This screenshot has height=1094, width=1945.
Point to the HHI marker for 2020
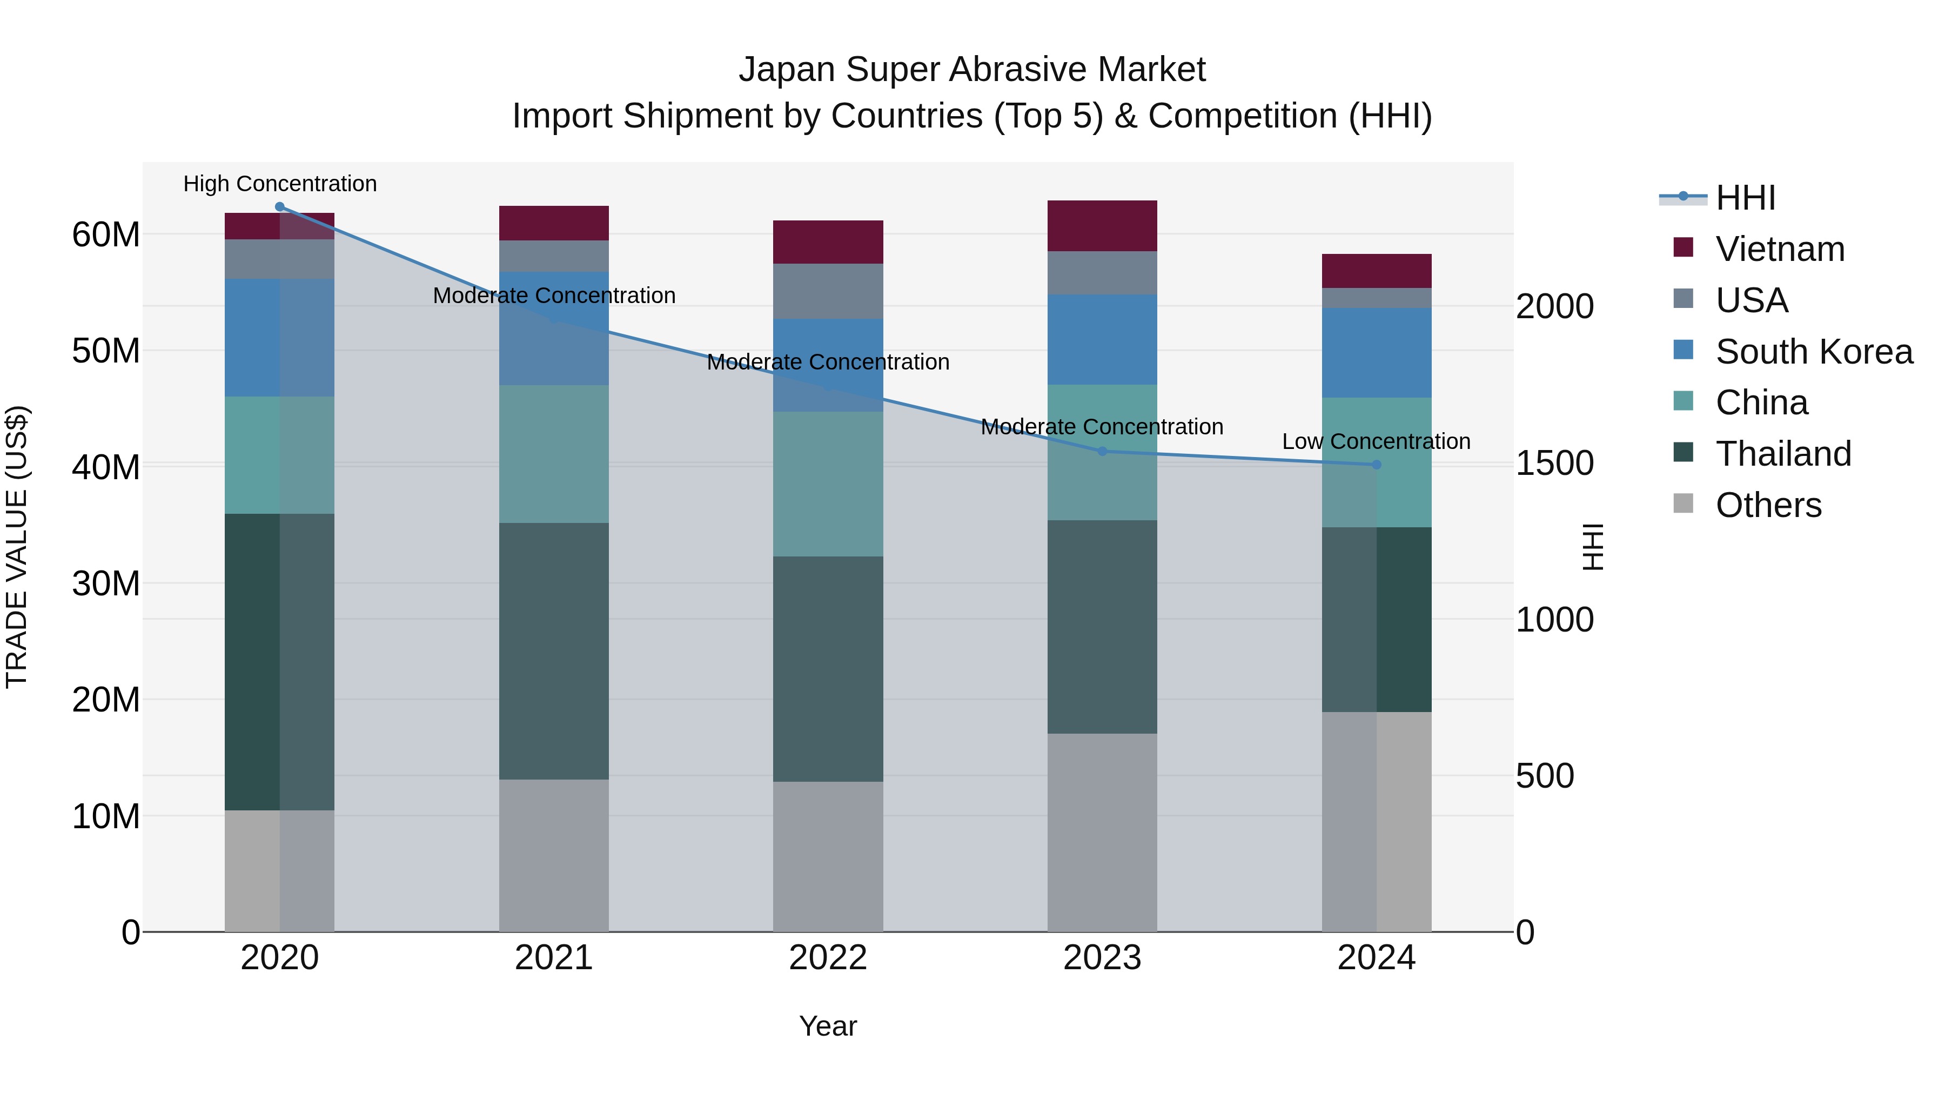coord(279,207)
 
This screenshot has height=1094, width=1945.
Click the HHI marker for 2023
coord(1102,452)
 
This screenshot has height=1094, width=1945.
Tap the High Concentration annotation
coord(279,184)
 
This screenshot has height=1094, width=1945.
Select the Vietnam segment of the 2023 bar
coord(1102,226)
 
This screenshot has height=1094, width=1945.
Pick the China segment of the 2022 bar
coord(828,484)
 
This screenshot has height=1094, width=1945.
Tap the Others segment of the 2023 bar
coord(1102,832)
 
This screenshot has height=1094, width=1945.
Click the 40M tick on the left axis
coord(106,467)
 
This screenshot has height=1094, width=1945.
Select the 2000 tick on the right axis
coord(1554,306)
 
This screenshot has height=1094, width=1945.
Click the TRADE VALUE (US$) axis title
coord(17,547)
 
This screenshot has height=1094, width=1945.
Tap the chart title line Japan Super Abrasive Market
coord(972,70)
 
